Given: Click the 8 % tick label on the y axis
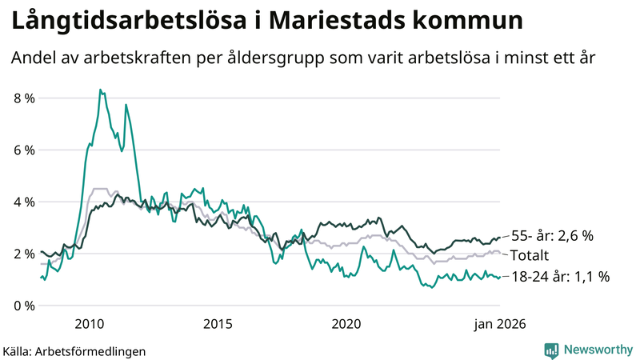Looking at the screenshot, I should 23,98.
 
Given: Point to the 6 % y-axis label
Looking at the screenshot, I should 23,150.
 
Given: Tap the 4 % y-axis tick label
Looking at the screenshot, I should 23,202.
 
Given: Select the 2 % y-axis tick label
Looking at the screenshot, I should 23,254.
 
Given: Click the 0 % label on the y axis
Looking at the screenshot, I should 23,306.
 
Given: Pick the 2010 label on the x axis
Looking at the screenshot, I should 89,324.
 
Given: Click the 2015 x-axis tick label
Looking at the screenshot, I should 218,324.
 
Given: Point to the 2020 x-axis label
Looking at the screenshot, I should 346,324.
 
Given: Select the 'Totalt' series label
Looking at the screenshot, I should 530,256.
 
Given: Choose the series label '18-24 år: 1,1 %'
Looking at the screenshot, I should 561,277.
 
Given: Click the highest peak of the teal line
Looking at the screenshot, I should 100,90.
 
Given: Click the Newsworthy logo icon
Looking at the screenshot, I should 551,350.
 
